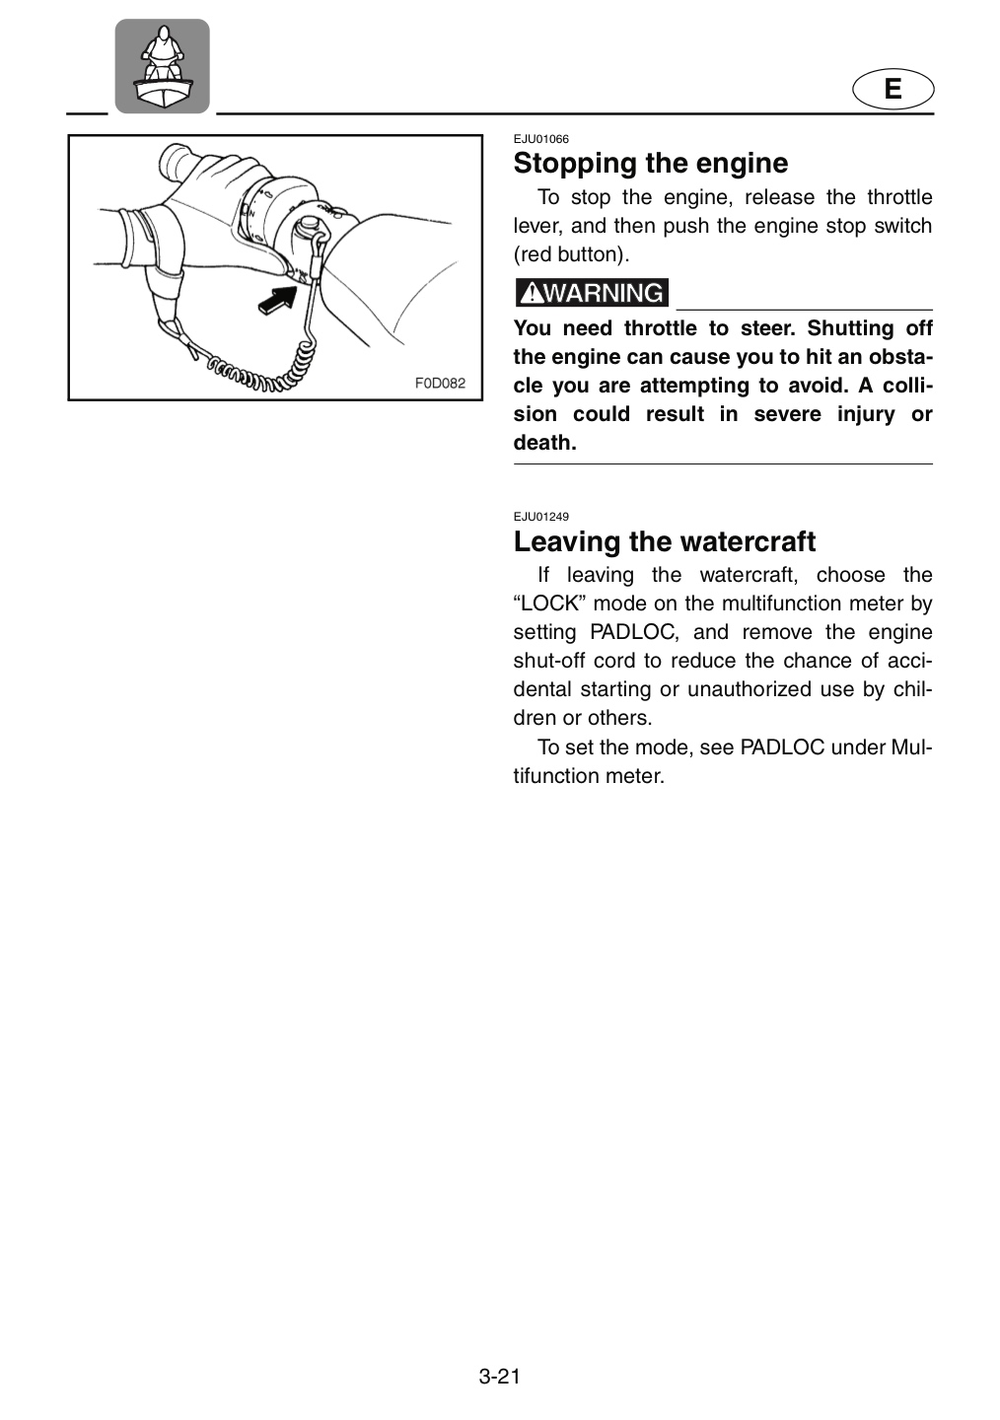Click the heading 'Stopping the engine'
pyautogui.click(x=651, y=164)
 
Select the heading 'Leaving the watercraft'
pyautogui.click(x=665, y=541)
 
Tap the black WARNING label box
pyautogui.click(x=592, y=293)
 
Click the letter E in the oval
pyautogui.click(x=893, y=89)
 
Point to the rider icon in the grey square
pyautogui.click(x=163, y=66)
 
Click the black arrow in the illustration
pyautogui.click(x=278, y=299)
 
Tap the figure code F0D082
pyautogui.click(x=440, y=383)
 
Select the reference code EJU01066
pyautogui.click(x=540, y=139)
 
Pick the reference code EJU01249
pyautogui.click(x=540, y=517)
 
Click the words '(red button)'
pyautogui.click(x=571, y=254)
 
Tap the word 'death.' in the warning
pyautogui.click(x=544, y=443)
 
